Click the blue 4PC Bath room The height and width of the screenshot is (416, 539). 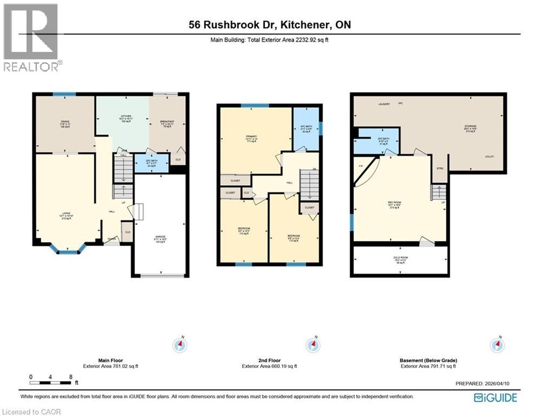click(306, 129)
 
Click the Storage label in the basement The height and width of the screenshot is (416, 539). click(470, 128)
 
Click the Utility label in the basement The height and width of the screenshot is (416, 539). click(489, 157)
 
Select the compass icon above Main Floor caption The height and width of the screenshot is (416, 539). click(180, 345)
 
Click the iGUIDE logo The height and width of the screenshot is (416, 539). click(495, 398)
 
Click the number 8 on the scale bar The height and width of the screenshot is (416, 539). click(71, 376)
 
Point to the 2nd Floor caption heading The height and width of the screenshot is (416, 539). click(269, 360)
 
